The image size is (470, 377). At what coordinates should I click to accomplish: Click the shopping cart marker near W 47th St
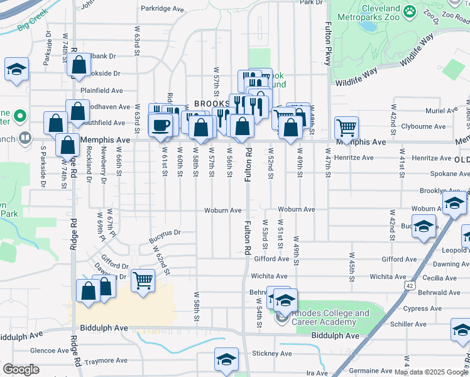click(x=346, y=128)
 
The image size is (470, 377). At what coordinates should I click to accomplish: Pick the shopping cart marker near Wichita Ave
click(x=143, y=280)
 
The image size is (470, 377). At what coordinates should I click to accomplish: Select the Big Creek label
click(x=33, y=25)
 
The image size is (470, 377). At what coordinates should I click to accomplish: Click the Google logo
click(x=21, y=369)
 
